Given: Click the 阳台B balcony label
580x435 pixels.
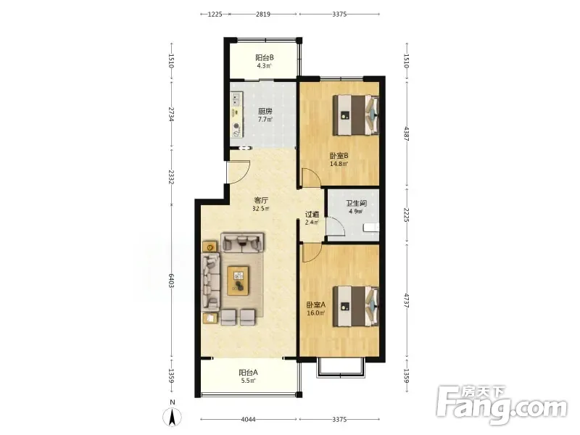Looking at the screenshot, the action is coord(265,58).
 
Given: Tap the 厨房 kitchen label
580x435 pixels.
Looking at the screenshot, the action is coord(265,112).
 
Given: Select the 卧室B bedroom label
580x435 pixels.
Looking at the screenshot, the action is coord(339,156).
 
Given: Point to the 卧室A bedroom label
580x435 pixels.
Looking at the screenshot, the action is coord(315,304).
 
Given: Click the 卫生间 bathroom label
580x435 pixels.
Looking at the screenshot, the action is coord(356,204).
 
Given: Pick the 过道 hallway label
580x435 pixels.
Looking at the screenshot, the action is coord(312,214).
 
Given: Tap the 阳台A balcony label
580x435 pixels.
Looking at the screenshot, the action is coord(248,373).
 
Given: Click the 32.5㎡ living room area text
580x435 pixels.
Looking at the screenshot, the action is coord(261,209).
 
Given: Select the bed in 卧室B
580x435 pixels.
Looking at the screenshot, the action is coord(356,115).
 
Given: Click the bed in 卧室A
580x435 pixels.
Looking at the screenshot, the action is coord(356,306).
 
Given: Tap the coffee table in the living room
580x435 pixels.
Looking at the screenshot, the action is coord(239,281).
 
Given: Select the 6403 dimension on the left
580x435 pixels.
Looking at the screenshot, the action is coord(171,282).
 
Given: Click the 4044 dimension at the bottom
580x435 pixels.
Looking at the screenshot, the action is coord(248,420).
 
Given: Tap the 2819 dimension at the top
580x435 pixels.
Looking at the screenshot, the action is coord(263,14).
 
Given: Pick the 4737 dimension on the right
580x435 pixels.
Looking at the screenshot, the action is coord(407,302).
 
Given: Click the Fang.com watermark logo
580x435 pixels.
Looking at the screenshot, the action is coord(502,405).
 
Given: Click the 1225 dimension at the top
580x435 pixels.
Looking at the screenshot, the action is coord(215,14).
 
